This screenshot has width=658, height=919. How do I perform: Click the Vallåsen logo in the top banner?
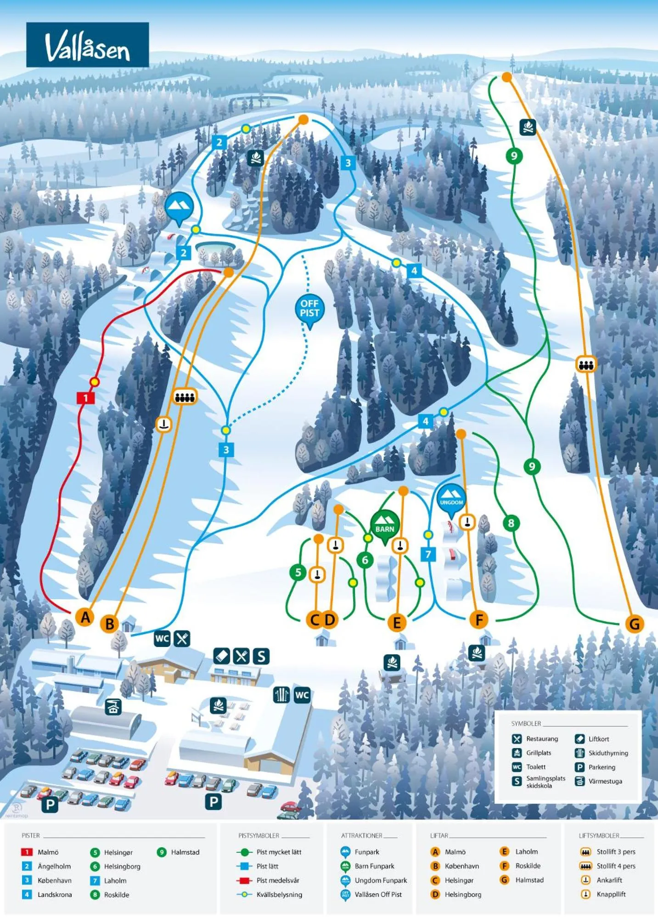tap(87, 45)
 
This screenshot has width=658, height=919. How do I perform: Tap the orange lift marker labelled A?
tap(85, 617)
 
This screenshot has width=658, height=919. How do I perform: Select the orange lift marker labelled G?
tap(635, 624)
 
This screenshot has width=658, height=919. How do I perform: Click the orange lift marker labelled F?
tap(479, 619)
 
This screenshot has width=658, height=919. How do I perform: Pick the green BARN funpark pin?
tap(385, 524)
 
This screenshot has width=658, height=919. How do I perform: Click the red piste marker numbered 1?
tap(85, 398)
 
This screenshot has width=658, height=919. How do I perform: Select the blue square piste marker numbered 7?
tap(428, 554)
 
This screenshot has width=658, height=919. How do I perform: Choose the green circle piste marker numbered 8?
tap(511, 523)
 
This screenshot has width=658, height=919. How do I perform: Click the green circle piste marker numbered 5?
tap(298, 572)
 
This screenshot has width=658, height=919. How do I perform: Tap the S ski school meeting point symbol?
tap(261, 656)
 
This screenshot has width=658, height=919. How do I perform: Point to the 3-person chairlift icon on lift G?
tap(586, 364)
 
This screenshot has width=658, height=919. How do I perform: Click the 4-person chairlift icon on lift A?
tap(185, 396)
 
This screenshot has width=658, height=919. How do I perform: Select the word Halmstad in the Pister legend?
tap(185, 852)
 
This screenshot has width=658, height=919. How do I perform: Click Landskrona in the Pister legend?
tap(55, 894)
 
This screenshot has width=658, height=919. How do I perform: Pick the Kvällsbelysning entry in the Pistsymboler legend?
tap(279, 894)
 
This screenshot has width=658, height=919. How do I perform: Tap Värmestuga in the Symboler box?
tap(605, 781)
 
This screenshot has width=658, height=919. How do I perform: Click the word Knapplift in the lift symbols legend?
tap(611, 894)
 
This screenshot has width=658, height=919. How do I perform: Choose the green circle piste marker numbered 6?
tap(365, 560)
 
